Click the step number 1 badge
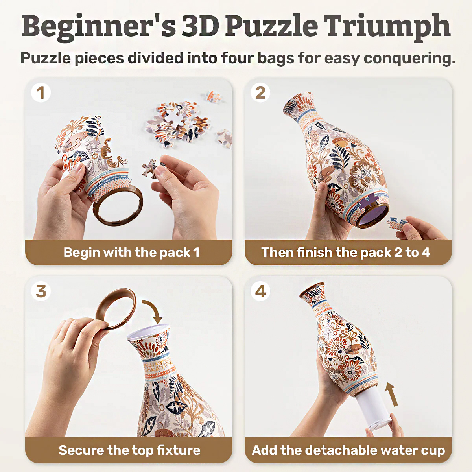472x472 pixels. click(x=41, y=93)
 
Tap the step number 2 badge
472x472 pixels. click(x=260, y=93)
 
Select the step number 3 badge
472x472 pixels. click(x=41, y=291)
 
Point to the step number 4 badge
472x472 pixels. click(x=260, y=291)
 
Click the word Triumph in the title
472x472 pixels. click(x=387, y=27)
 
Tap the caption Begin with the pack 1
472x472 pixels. click(x=131, y=252)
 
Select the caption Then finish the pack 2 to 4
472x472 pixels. click(x=345, y=252)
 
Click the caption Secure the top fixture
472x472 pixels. click(x=129, y=450)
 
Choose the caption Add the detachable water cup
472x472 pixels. click(x=348, y=450)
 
